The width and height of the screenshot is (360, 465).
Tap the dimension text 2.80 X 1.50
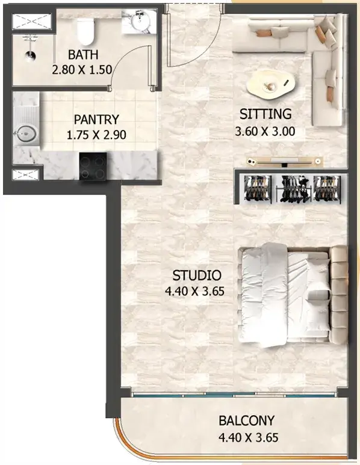coord(82,70)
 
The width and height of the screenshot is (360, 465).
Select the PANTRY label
coord(96,120)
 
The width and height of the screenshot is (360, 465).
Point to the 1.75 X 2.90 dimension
coord(96,135)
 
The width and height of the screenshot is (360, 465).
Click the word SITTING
coord(265,114)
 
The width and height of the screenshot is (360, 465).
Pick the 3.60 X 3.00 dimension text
coord(265,131)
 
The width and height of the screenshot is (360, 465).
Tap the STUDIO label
coord(197,275)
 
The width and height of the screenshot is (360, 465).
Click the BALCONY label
coord(247,420)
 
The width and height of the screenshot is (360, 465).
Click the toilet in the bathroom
coord(85,31)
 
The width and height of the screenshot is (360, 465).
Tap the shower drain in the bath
coord(30,55)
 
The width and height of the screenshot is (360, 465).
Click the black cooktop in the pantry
coord(93,166)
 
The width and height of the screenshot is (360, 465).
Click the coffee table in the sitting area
coord(270,84)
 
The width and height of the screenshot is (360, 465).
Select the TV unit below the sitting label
coord(285,161)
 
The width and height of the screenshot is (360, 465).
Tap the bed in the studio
coord(293,295)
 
